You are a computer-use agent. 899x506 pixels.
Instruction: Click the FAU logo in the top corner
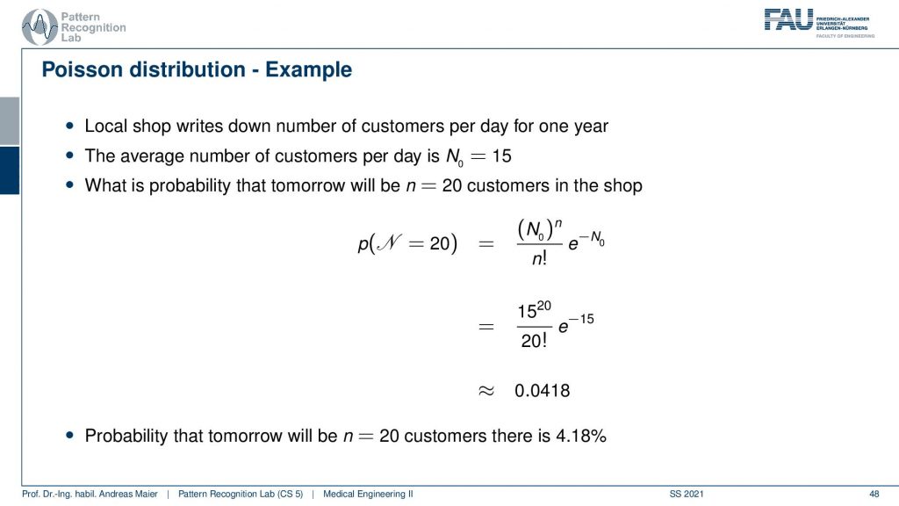click(819, 23)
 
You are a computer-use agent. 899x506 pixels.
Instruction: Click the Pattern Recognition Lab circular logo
click(40, 27)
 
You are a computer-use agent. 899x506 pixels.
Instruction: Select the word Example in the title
click(308, 69)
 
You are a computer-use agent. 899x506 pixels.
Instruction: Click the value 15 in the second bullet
click(501, 155)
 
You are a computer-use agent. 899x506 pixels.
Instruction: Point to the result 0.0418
click(542, 391)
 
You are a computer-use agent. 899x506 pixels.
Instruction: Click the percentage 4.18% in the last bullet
click(581, 436)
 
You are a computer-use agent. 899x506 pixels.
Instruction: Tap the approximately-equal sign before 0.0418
click(486, 391)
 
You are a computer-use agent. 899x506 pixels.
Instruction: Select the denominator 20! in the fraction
click(534, 341)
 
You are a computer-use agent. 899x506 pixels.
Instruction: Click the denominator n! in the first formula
click(540, 258)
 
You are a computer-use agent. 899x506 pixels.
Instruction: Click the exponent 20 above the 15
click(544, 306)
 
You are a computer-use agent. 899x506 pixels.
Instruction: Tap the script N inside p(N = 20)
click(389, 243)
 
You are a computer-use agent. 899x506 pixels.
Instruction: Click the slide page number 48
click(874, 494)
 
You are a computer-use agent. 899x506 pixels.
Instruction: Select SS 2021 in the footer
click(687, 494)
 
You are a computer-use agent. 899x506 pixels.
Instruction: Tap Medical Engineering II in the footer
click(368, 494)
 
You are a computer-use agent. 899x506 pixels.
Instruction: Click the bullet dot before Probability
click(70, 436)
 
